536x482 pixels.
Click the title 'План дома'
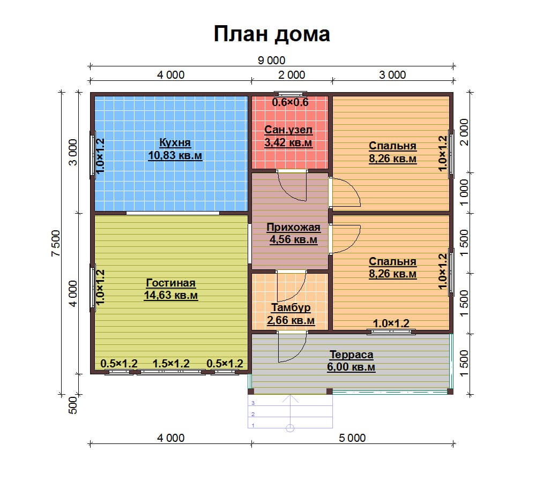(x=272, y=34)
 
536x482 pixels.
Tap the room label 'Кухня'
(x=175, y=142)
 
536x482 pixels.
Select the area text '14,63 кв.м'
(x=171, y=295)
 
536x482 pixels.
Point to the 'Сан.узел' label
(x=288, y=130)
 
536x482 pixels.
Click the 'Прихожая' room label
(x=293, y=227)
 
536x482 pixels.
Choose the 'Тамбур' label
(x=291, y=308)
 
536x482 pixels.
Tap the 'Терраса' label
(x=351, y=355)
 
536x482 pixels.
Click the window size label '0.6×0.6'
(x=290, y=102)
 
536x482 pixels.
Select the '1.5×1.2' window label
(x=171, y=364)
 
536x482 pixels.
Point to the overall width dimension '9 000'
(x=271, y=61)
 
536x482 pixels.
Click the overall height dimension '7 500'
(x=56, y=243)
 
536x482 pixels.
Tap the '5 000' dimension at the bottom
(x=352, y=438)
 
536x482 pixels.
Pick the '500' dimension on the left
(x=73, y=405)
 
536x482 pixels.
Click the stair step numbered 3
(x=253, y=403)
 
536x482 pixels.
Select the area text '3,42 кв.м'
(x=288, y=142)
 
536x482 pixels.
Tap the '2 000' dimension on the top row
(x=292, y=75)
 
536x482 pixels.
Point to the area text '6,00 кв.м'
(x=351, y=367)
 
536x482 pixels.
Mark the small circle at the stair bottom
(x=290, y=428)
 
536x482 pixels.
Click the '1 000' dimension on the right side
(x=464, y=193)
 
